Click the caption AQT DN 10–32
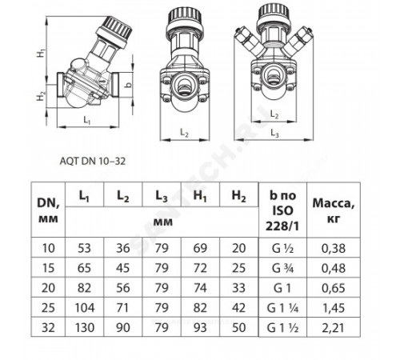click(x=93, y=162)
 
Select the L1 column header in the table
click(x=84, y=196)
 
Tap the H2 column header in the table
click(x=238, y=196)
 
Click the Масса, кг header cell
click(x=334, y=210)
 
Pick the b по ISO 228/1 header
click(x=282, y=210)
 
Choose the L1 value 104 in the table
click(x=85, y=308)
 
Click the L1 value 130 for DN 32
click(x=85, y=328)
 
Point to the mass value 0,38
click(x=334, y=248)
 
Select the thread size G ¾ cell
click(x=282, y=268)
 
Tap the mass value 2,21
click(x=334, y=328)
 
